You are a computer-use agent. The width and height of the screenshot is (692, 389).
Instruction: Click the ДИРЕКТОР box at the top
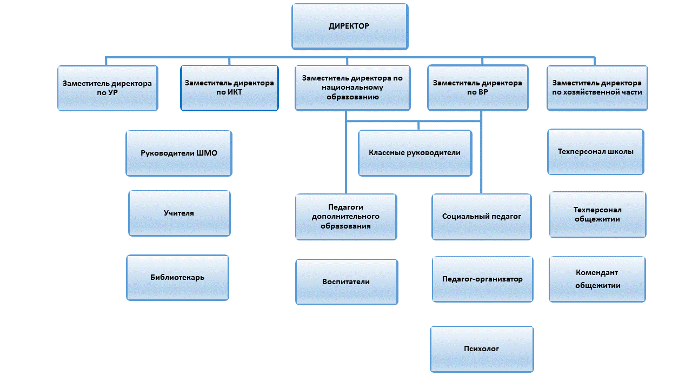pos(349,26)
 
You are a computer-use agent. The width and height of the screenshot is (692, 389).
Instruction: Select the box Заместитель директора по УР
pos(108,88)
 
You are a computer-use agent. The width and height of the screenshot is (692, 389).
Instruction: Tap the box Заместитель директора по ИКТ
pos(229,88)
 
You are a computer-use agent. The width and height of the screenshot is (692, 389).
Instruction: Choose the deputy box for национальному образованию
pos(352,88)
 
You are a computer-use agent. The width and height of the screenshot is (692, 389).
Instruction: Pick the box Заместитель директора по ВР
pos(477,88)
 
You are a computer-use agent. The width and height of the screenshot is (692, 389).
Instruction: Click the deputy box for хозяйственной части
pos(597,88)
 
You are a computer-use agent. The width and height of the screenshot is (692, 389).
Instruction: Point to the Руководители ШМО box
pos(179,153)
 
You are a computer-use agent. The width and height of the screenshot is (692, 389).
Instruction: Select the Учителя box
pos(179,213)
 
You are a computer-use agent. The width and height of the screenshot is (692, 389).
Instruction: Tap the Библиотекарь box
pos(177,278)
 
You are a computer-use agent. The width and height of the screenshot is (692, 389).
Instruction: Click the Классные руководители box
pos(415,153)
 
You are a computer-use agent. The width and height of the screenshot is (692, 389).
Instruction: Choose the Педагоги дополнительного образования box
pos(345,217)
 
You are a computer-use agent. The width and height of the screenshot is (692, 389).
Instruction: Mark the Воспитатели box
pos(346,281)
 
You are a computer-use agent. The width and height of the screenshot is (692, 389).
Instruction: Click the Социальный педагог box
pos(481,216)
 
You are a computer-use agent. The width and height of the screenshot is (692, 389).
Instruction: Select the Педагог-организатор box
pos(482,279)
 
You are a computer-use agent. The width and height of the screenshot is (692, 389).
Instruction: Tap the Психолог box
pos(482,349)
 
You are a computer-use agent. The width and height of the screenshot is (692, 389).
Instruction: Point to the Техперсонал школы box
pos(595,152)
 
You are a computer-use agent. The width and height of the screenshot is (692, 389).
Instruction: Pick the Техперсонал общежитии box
pos(597,214)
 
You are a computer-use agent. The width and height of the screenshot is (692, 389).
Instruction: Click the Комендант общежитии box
pos(597,279)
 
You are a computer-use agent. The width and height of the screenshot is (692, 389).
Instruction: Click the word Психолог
pos(482,349)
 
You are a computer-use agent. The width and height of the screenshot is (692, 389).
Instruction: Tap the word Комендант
pos(597,273)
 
